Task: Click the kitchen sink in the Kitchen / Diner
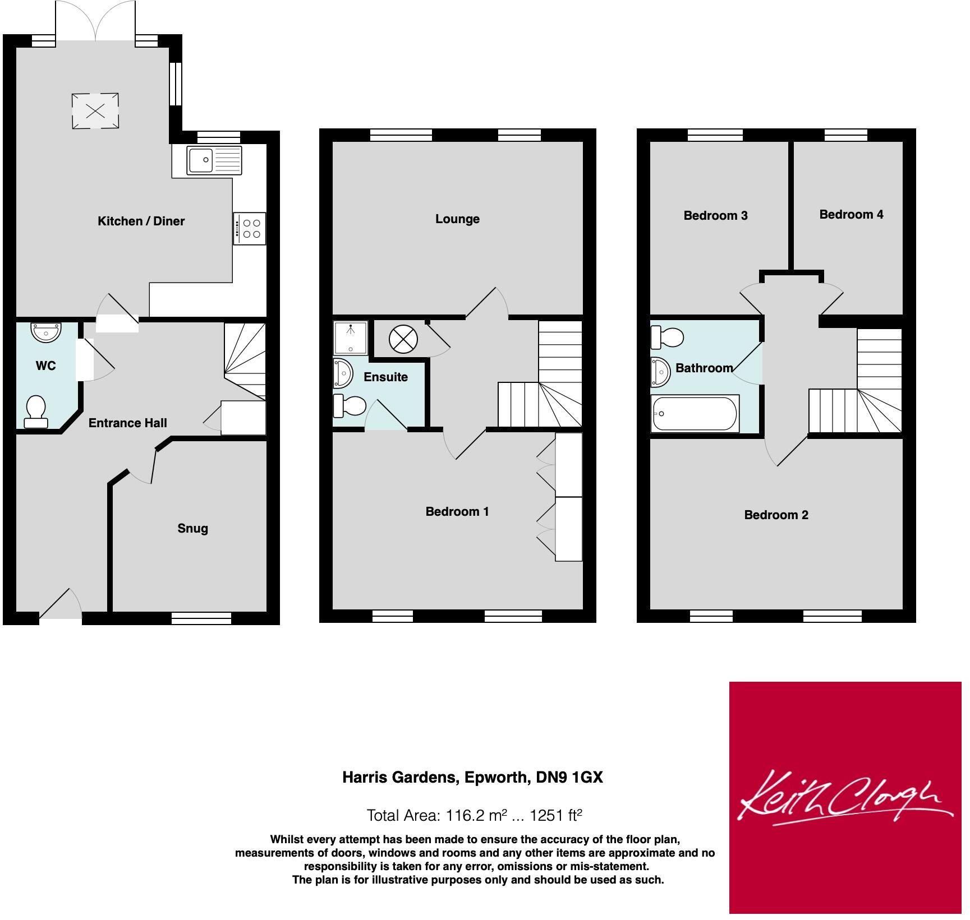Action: point(215,160)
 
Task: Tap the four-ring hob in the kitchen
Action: point(250,228)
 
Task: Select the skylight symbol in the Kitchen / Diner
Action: point(95,111)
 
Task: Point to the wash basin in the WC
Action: point(47,332)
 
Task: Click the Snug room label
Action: point(192,528)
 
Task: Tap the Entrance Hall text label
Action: point(128,423)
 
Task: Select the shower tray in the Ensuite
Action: point(351,338)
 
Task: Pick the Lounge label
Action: point(457,219)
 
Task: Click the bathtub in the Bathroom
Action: point(695,414)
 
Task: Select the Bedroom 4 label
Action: point(851,214)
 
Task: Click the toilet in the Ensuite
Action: point(350,406)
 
